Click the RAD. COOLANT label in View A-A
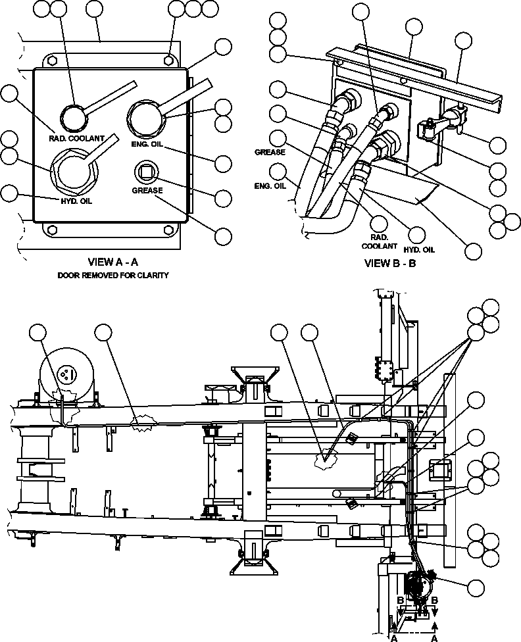click(76, 138)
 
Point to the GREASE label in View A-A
click(147, 191)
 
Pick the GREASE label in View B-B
click(270, 152)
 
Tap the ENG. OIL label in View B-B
click(270, 185)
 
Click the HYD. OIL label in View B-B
click(419, 249)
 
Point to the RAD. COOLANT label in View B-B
click(380, 241)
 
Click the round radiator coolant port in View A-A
click(74, 118)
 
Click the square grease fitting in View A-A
click(145, 172)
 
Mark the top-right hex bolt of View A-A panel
click(169, 59)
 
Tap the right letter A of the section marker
click(435, 637)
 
